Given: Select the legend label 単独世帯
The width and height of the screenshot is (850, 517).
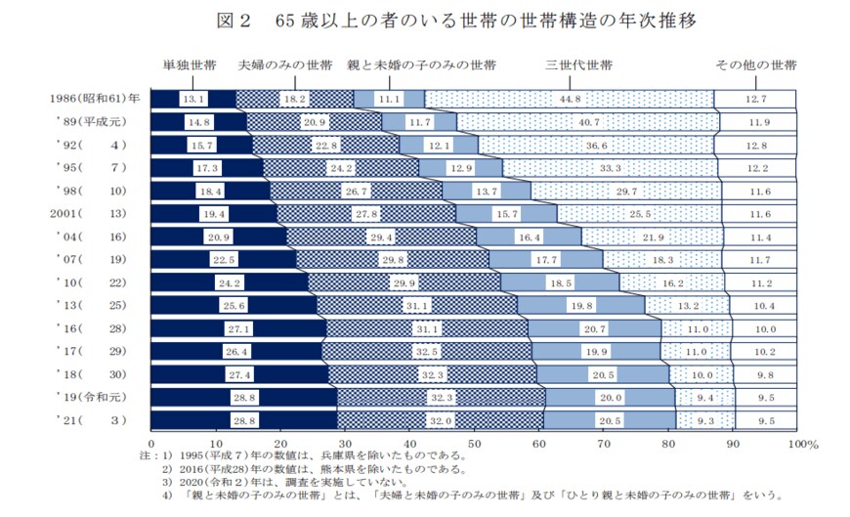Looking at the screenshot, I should [x=190, y=66].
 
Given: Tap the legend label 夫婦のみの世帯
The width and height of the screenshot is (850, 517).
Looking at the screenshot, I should [x=286, y=66].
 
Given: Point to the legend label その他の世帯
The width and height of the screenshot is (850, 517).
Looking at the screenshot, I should [x=756, y=66].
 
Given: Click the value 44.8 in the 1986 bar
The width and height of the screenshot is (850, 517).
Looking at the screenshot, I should [x=571, y=99].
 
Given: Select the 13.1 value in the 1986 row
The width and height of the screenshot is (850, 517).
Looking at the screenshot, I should [x=193, y=99].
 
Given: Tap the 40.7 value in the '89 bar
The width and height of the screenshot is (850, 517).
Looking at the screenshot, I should [x=588, y=122].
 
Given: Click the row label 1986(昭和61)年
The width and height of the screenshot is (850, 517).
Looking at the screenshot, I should [x=96, y=99].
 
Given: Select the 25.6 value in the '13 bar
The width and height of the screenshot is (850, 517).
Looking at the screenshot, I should [x=234, y=305].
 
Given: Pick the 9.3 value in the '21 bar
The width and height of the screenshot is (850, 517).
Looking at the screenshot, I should [x=704, y=420].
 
